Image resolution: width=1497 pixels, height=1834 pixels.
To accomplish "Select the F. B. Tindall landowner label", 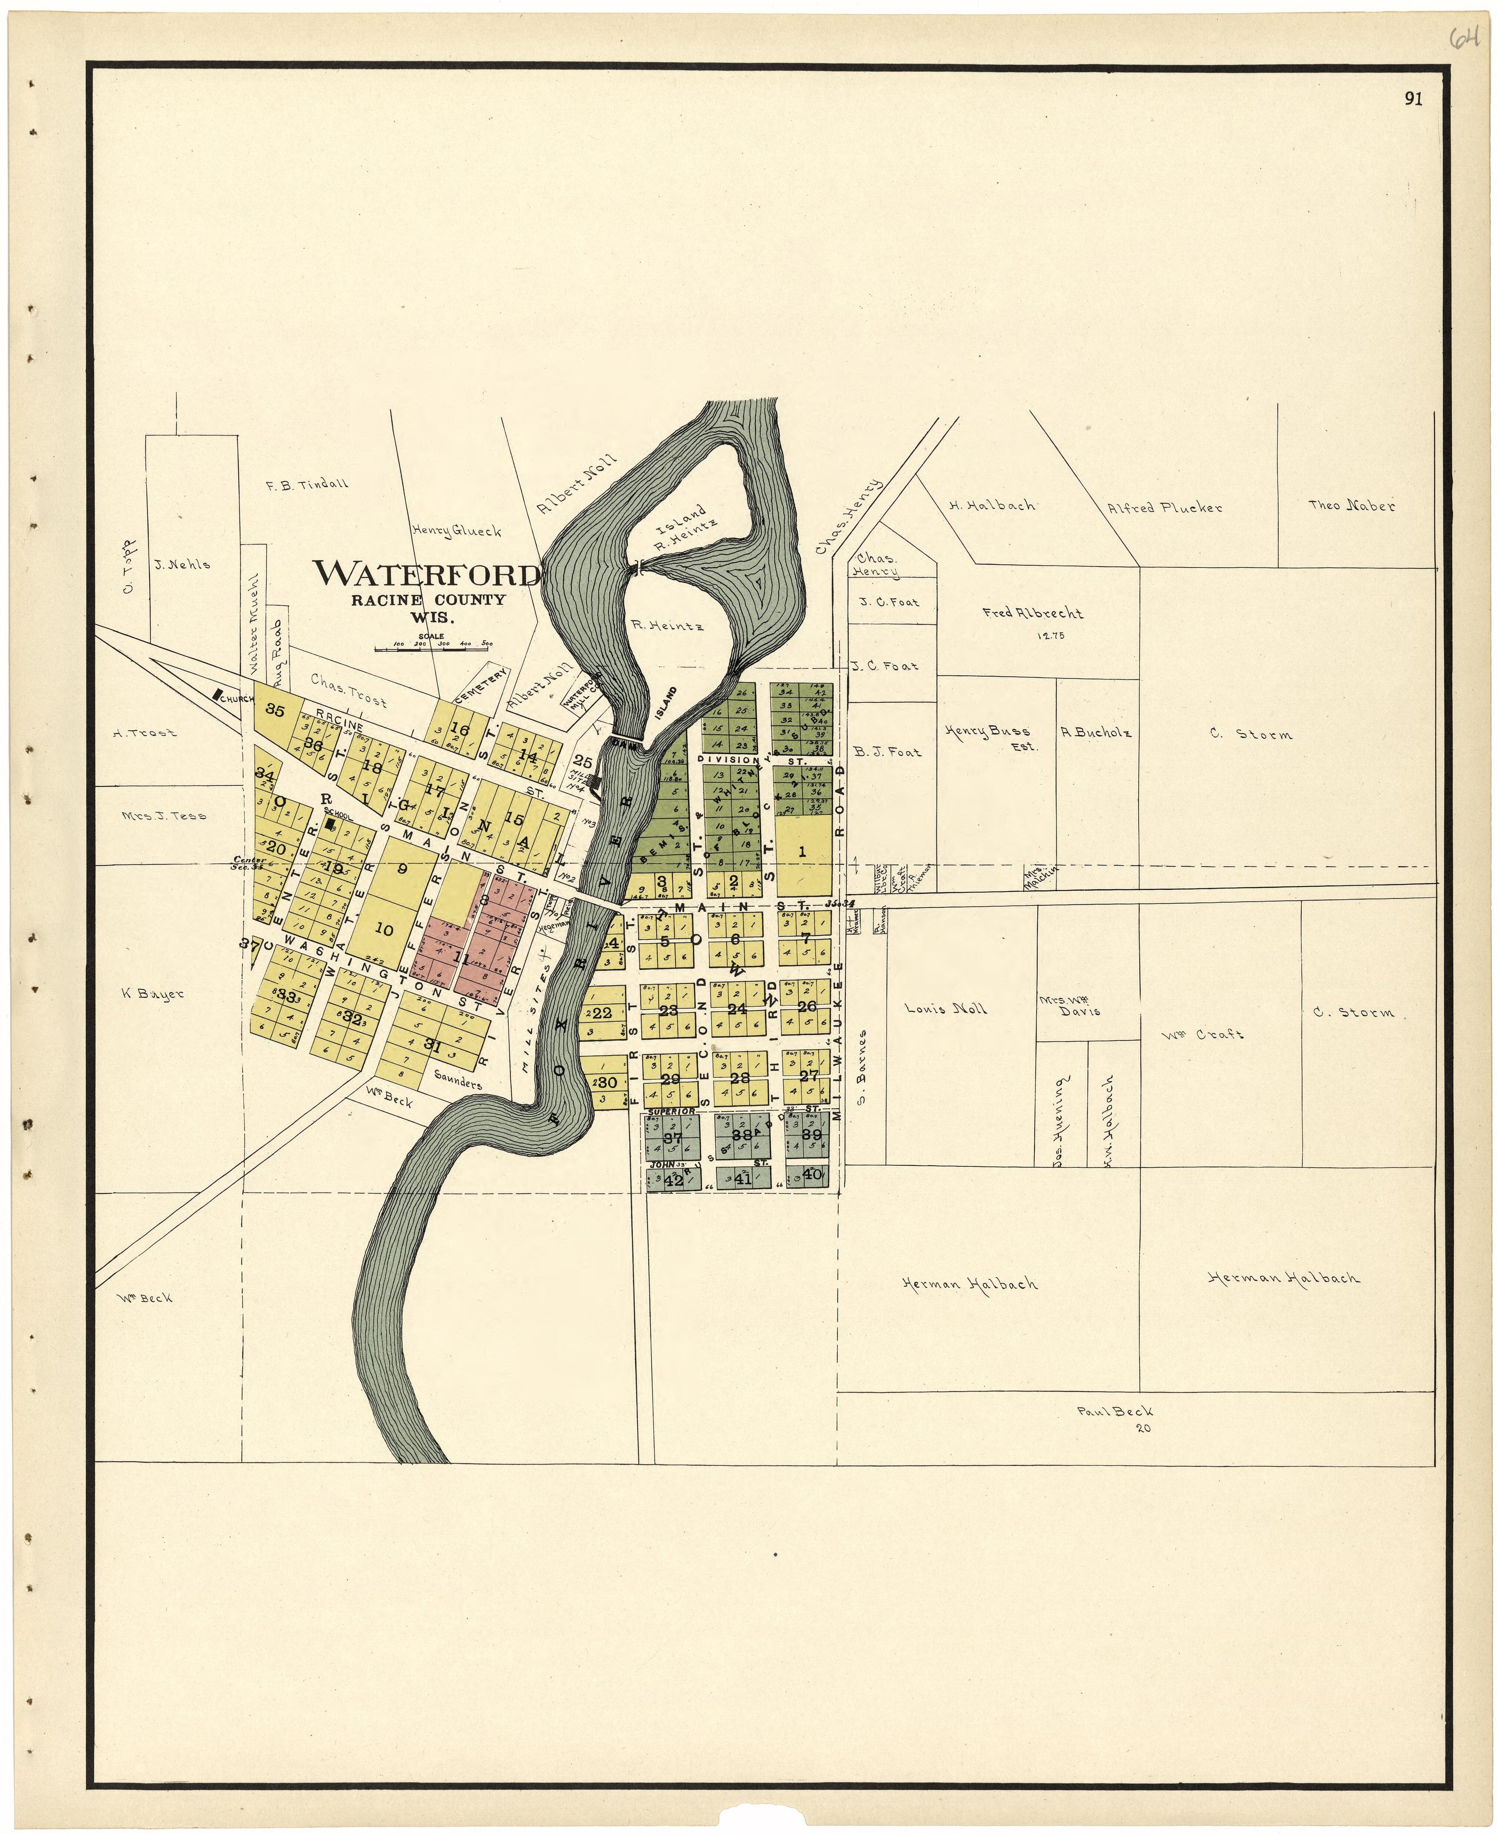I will point(307,485).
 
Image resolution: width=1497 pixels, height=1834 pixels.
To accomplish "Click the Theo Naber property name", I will point(1351,506).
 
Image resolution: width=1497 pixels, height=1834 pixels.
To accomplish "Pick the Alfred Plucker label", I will point(1165,508).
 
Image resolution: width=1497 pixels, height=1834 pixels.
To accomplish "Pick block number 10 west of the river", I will point(385,930).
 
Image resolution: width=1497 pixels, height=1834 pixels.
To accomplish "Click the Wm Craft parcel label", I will point(1207,1034).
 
